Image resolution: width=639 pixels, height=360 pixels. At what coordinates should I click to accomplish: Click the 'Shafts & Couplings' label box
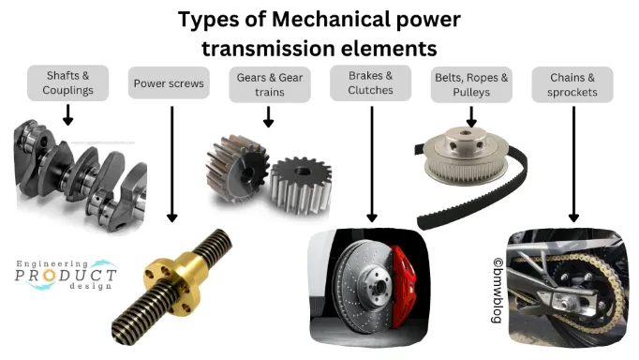[x=68, y=83]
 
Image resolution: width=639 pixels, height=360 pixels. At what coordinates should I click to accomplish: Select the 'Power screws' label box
[x=169, y=83]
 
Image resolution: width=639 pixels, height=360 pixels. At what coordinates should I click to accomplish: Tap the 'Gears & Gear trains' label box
[x=270, y=84]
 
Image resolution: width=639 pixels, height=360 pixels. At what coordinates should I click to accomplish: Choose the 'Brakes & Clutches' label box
[x=370, y=83]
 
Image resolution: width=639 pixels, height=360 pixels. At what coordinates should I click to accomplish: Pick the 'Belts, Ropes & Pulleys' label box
[x=471, y=84]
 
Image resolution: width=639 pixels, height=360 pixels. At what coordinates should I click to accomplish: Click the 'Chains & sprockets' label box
[x=572, y=84]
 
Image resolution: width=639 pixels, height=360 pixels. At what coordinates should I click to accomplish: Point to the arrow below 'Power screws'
[x=172, y=164]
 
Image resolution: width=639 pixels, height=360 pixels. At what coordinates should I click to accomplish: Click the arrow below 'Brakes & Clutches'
[x=372, y=164]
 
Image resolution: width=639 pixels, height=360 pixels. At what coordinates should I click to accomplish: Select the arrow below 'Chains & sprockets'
[x=573, y=164]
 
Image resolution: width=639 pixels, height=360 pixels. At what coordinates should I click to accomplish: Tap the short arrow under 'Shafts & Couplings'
[x=68, y=115]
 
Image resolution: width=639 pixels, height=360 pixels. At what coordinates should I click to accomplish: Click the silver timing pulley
[x=466, y=156]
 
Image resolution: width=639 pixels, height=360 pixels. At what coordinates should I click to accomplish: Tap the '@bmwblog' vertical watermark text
[x=498, y=291]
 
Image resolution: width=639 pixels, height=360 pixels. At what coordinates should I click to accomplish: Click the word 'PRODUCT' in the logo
[x=66, y=276]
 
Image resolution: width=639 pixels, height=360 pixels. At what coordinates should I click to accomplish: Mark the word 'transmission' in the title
[x=269, y=49]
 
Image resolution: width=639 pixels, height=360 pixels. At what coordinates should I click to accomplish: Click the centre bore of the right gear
[x=302, y=171]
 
